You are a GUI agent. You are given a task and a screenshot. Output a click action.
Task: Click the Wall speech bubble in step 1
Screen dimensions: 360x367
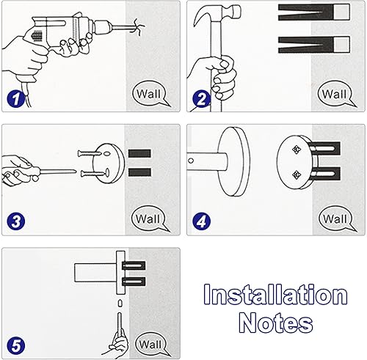click(150, 95)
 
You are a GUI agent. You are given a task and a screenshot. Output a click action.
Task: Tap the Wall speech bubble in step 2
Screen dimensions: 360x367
click(334, 95)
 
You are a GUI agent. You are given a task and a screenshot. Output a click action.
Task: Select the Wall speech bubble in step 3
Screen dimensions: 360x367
click(150, 218)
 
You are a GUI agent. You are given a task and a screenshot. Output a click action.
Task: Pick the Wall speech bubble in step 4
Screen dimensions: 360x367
click(334, 218)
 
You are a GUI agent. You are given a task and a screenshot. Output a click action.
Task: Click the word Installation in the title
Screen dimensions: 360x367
click(275, 295)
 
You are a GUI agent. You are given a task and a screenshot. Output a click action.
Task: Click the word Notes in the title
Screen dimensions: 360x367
click(275, 323)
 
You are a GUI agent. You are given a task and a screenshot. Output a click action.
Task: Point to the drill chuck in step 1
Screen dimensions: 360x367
click(103, 29)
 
